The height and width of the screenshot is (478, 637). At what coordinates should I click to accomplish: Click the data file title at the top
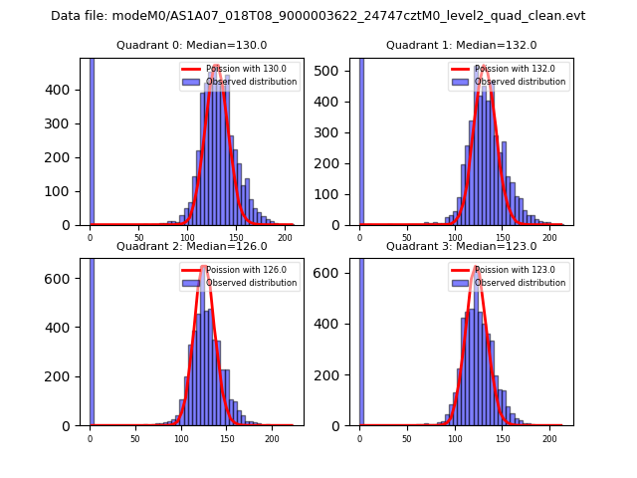(318, 16)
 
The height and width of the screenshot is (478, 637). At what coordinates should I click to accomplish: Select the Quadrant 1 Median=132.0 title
(461, 45)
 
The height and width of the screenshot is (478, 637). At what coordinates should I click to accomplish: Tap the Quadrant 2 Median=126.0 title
(191, 246)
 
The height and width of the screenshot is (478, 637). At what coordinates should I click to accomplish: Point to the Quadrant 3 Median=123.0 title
(461, 246)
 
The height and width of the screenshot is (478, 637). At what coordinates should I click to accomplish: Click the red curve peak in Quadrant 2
(204, 267)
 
